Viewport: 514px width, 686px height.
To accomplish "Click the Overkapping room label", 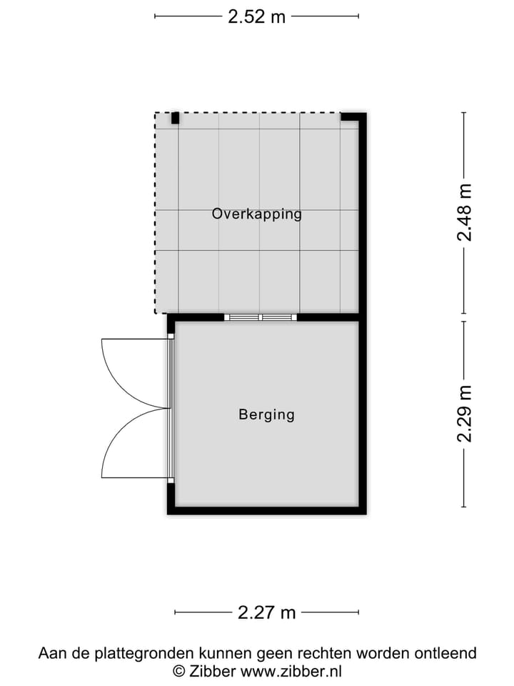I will [257, 214].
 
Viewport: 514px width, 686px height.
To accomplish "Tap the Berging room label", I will [266, 414].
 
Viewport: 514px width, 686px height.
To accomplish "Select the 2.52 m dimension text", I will [256, 16].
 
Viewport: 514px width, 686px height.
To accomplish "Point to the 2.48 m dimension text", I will [465, 213].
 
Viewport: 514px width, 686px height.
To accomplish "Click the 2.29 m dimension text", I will [465, 414].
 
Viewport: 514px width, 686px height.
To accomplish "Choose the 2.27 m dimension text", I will [266, 612].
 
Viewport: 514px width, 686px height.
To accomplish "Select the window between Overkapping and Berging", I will [261, 317].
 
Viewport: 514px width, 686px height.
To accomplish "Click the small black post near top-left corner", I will [175, 119].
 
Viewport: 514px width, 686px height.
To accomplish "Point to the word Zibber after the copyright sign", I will [212, 671].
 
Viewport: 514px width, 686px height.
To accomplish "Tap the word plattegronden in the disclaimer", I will [134, 653].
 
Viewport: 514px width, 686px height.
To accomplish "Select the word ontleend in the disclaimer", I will [447, 653].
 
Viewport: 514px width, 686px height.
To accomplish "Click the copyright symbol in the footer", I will [178, 671].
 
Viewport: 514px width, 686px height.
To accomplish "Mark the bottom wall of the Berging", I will [266, 509].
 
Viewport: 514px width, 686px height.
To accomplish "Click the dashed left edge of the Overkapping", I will [156, 214].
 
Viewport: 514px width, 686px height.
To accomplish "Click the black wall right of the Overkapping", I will [362, 214].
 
